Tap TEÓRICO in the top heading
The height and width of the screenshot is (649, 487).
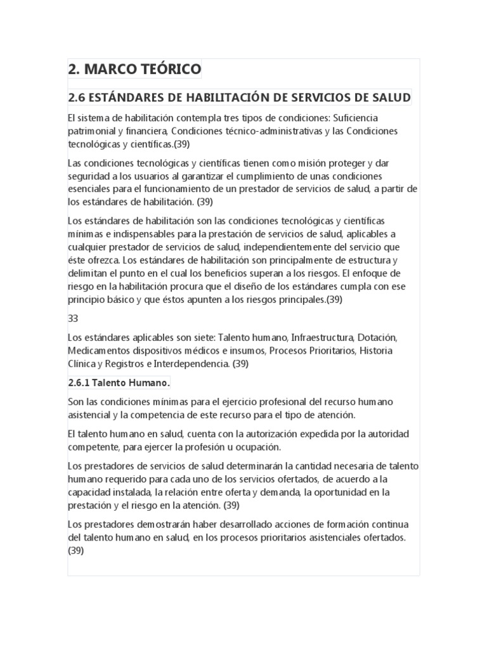(x=171, y=69)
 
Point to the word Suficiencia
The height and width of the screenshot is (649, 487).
(x=351, y=119)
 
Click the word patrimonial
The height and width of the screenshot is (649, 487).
(x=93, y=131)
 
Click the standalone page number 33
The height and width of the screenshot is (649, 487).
(x=73, y=319)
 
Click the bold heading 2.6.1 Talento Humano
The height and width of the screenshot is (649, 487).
(x=119, y=383)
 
